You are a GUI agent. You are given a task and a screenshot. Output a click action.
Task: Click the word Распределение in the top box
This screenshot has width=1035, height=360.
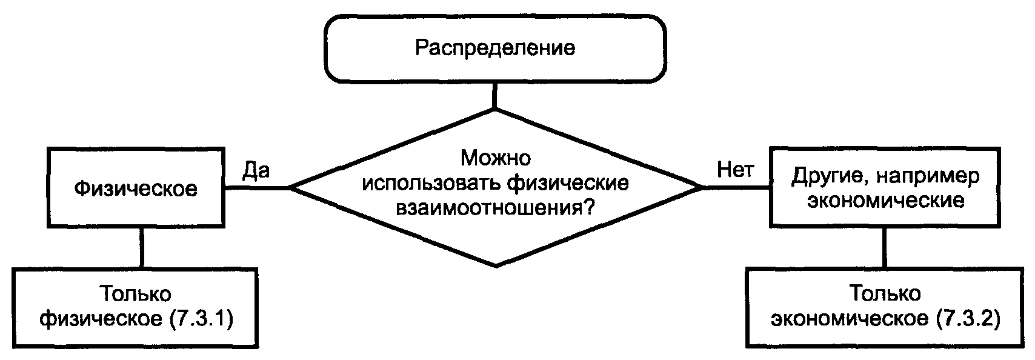click(x=494, y=48)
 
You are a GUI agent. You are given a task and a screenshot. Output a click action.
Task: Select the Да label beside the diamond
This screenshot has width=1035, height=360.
click(x=256, y=170)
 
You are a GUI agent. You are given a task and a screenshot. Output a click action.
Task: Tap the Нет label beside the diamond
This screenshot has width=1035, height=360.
click(x=735, y=170)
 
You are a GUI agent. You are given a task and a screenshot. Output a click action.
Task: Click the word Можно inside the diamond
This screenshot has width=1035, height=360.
click(x=495, y=159)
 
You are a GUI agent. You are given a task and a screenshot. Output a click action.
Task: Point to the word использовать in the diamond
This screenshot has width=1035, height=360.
click(x=431, y=183)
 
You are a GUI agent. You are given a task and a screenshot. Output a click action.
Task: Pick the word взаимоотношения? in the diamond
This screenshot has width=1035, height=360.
click(x=495, y=207)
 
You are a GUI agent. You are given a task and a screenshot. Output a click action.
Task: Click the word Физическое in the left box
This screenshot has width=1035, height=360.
click(x=136, y=188)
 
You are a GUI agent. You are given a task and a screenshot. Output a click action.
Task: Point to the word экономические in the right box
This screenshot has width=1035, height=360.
click(x=886, y=201)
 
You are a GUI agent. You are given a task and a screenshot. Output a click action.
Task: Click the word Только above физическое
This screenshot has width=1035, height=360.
click(x=136, y=295)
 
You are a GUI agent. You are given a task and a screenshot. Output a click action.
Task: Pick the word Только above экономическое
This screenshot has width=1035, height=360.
click(x=885, y=294)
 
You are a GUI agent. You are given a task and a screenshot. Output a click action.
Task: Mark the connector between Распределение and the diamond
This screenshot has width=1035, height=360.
click(x=495, y=95)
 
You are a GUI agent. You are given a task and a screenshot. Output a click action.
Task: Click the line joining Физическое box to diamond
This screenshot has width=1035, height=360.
click(x=257, y=188)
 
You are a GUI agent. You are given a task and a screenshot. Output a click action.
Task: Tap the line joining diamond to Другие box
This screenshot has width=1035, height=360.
click(x=737, y=188)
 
